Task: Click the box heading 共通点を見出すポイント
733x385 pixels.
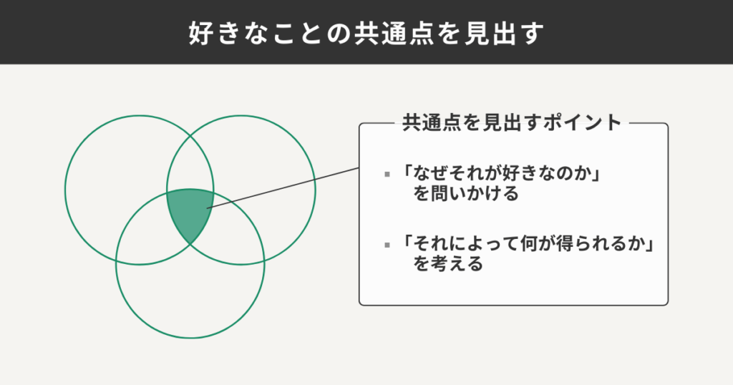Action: pyautogui.click(x=512, y=122)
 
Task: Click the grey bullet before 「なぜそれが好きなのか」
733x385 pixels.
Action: pyautogui.click(x=387, y=175)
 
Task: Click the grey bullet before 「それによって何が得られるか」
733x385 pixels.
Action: pyautogui.click(x=387, y=245)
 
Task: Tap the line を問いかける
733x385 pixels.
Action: pyautogui.click(x=465, y=194)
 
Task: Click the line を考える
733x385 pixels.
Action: pyautogui.click(x=447, y=264)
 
